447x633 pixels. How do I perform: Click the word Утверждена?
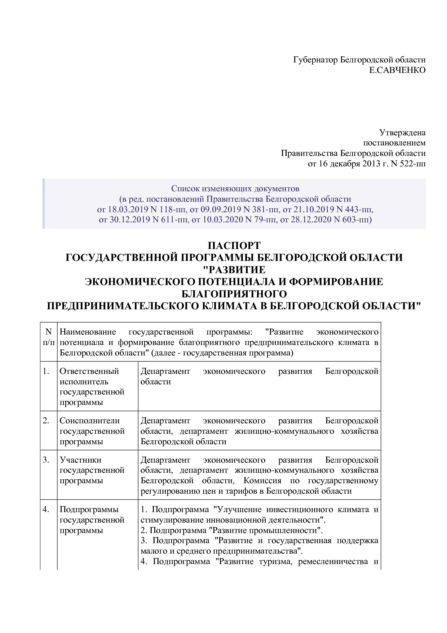click(402, 133)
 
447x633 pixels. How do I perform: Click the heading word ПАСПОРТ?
click(234, 246)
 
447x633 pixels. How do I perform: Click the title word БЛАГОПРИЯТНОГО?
click(234, 293)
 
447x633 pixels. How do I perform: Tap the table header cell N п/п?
click(48, 337)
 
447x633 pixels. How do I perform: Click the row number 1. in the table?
click(46, 371)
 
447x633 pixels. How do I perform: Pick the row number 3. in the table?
click(46, 460)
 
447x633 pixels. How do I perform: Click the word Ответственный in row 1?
click(89, 371)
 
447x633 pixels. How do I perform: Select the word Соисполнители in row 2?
click(89, 421)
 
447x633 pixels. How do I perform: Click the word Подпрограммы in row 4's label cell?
click(89, 509)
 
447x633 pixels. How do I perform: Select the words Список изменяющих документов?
click(235, 188)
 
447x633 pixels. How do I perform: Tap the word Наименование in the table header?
click(88, 332)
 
